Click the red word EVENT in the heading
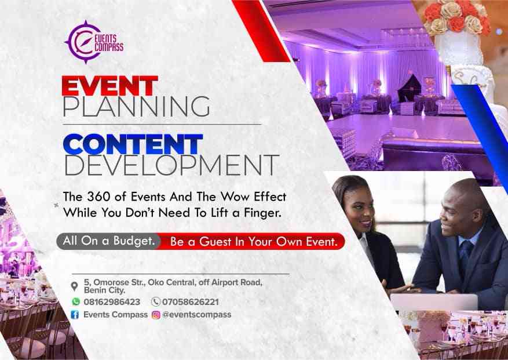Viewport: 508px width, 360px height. tap(110, 86)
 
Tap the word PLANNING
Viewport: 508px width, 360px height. tap(136, 107)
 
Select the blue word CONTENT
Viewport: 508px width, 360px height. tap(133, 144)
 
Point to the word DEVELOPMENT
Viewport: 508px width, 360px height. tap(171, 165)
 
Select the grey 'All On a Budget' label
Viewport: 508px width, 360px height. tap(109, 241)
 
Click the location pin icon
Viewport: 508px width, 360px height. tap(75, 286)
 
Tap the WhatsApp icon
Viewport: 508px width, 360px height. tap(76, 301)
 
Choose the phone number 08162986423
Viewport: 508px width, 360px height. tap(112, 302)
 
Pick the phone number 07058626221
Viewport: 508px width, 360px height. tap(190, 302)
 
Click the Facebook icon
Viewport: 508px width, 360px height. tap(75, 315)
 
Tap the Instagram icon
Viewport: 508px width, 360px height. tap(156, 315)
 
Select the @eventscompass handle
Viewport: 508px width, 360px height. tap(197, 315)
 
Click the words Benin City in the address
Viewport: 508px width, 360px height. tap(104, 290)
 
